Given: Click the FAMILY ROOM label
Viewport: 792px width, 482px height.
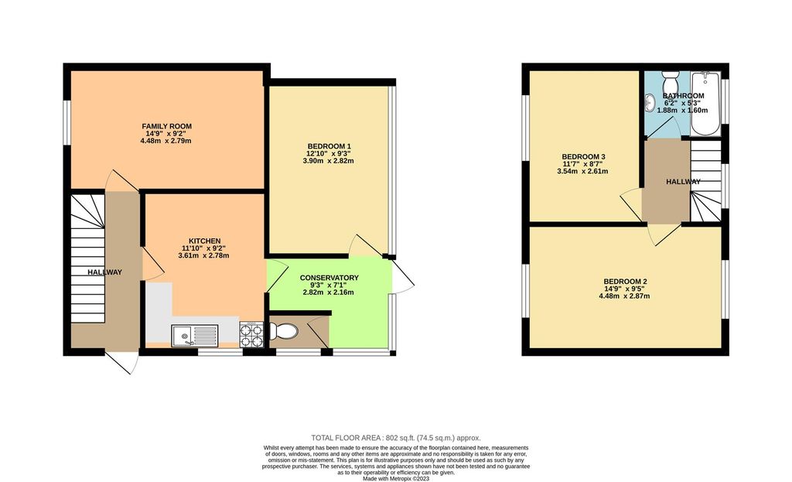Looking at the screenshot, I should click(x=166, y=126).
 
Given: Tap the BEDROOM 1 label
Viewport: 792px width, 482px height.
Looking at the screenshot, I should click(x=329, y=146).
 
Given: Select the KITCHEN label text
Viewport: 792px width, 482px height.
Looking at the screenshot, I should click(x=200, y=241).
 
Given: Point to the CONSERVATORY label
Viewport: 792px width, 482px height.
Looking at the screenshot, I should click(x=329, y=278).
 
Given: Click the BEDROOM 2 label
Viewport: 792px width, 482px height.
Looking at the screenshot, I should click(x=625, y=282).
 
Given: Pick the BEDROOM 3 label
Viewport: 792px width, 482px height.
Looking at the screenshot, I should click(x=583, y=157).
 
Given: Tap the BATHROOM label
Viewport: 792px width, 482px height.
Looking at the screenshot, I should click(x=683, y=95).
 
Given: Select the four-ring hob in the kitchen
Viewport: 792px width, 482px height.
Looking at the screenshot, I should click(x=251, y=334).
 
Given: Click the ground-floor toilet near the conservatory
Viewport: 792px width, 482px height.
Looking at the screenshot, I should click(x=285, y=332).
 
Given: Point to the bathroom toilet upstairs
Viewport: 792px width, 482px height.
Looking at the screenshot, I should click(x=670, y=81).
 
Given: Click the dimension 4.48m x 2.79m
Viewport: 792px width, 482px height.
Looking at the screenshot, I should click(x=166, y=141).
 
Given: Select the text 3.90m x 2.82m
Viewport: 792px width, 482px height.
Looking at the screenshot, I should click(x=329, y=161).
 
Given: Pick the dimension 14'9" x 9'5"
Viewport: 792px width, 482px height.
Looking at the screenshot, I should click(x=625, y=289).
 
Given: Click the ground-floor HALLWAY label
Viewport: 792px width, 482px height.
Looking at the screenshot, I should click(x=104, y=272).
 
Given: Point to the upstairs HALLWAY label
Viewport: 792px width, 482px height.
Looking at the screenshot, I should click(x=684, y=182).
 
